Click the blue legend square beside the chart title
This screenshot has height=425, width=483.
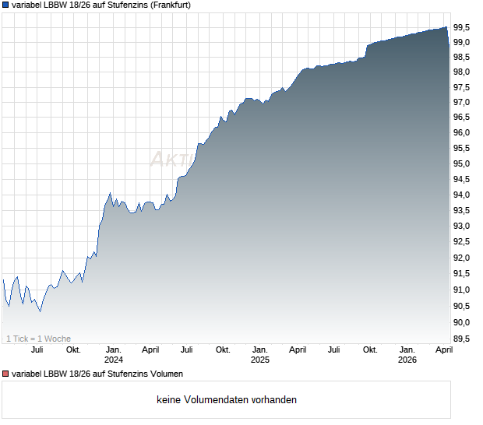tap(5, 5)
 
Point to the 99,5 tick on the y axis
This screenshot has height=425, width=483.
tap(462, 27)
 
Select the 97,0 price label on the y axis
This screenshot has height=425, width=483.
tap(462, 102)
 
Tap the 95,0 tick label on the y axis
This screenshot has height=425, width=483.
tap(462, 164)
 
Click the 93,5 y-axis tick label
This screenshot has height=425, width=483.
tap(462, 210)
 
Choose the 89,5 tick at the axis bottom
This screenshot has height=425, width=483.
tap(462, 339)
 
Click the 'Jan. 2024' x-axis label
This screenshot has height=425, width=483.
tap(114, 354)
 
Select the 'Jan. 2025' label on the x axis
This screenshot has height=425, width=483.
tap(259, 354)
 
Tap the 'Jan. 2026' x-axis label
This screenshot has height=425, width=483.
tap(407, 354)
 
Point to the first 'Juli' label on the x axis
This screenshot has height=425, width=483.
tap(37, 349)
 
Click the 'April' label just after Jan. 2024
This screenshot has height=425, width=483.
tap(150, 349)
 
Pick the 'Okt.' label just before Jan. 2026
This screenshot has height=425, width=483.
tap(370, 349)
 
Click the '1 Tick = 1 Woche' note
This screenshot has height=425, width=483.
tap(38, 339)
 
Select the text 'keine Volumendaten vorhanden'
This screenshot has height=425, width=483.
tap(226, 400)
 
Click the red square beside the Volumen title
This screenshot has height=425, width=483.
tap(5, 374)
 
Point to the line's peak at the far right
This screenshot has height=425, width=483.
tap(446, 27)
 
